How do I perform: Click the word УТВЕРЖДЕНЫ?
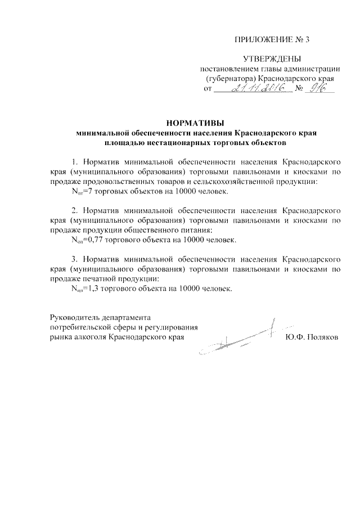(272, 58)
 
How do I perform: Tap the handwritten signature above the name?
(242, 337)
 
